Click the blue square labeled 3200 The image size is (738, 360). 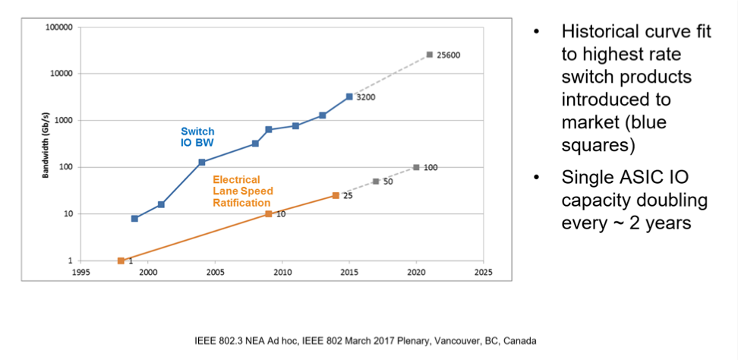pyautogui.click(x=349, y=96)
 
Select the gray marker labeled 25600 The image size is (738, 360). pyautogui.click(x=430, y=55)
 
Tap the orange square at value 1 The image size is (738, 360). pyautogui.click(x=121, y=261)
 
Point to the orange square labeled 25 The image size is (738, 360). pyautogui.click(x=336, y=196)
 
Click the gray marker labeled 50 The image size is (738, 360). pyautogui.click(x=376, y=182)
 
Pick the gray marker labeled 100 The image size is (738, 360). pyautogui.click(x=416, y=167)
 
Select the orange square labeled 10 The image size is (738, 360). pyautogui.click(x=269, y=214)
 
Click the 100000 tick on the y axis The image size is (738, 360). pyautogui.click(x=58, y=27)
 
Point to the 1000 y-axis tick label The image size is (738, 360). pyautogui.click(x=63, y=121)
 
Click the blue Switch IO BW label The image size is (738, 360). pyautogui.click(x=197, y=137)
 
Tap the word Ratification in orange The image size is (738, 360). pyautogui.click(x=241, y=203)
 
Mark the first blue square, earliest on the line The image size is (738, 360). pyautogui.click(x=134, y=219)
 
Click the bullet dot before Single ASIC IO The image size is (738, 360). pyautogui.click(x=536, y=178)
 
